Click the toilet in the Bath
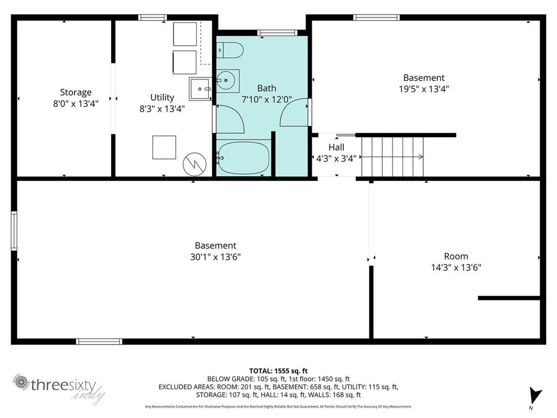[x=230, y=50]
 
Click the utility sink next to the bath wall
[x=200, y=89]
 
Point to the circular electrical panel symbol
[x=195, y=164]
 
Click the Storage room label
[x=76, y=93]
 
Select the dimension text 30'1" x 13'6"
[x=215, y=257]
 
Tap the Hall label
[x=336, y=147]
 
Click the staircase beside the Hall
[x=393, y=157]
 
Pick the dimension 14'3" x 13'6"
[x=456, y=267]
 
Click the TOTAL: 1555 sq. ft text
[x=278, y=371]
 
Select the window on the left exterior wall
[x=14, y=231]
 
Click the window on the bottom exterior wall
[x=99, y=342]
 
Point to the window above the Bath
[x=277, y=33]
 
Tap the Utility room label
[x=162, y=97]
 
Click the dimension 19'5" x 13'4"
[x=424, y=89]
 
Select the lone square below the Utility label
[x=164, y=147]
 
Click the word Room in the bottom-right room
[x=456, y=256]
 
